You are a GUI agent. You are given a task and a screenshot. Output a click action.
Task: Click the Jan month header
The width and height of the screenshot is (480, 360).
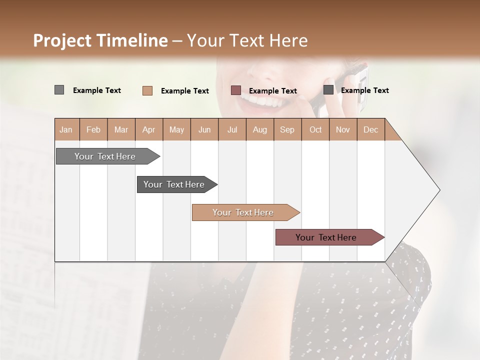point(66,129)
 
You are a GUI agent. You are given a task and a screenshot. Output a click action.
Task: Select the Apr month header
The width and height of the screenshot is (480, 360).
point(149,129)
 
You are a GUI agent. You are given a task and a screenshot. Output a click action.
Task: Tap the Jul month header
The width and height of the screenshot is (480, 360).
point(232,129)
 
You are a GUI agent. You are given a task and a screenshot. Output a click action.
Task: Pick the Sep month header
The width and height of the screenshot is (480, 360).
point(287,129)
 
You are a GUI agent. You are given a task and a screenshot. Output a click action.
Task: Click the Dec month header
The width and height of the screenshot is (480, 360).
point(370,129)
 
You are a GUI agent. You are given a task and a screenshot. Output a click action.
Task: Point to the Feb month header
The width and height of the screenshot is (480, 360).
point(93,129)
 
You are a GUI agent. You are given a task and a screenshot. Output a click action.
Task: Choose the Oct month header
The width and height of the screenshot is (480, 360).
point(315,129)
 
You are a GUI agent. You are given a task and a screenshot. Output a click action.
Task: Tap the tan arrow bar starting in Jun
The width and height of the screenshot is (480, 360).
point(243,212)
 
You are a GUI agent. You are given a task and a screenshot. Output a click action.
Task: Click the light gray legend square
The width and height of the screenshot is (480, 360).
point(59,90)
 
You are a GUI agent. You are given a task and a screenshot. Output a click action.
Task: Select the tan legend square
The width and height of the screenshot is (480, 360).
point(147,90)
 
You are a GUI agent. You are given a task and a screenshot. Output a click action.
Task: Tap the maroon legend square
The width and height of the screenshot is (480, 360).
point(236,90)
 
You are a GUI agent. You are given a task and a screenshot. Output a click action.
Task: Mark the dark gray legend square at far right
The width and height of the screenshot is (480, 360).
point(328,90)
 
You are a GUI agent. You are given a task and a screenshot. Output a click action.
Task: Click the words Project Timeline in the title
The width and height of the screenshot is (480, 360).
point(100,40)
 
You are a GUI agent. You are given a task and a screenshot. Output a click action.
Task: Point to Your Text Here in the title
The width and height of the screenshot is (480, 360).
point(247,40)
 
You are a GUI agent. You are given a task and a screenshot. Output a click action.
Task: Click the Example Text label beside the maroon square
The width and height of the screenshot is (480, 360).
point(273,90)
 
